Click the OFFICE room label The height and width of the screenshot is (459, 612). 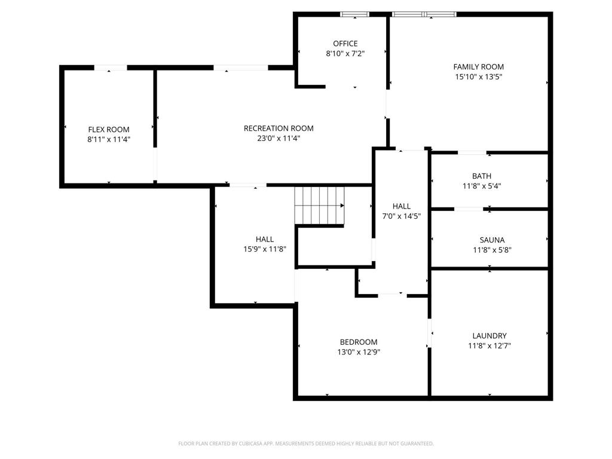coord(345,43)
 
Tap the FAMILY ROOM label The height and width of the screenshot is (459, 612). coord(478,67)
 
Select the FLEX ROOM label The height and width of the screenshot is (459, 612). coord(109,130)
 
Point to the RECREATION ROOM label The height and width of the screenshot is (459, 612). coord(279,128)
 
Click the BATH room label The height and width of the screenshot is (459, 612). coord(482,176)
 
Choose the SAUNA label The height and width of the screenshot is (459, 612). coord(492,240)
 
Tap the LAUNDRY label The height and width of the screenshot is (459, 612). coord(489,336)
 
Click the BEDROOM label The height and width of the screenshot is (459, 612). coord(359,342)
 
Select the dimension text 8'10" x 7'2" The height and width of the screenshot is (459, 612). coord(345,53)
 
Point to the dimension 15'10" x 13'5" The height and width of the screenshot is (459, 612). coord(478,77)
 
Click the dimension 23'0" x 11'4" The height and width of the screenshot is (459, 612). coord(279,139)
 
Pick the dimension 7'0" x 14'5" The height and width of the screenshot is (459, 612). coord(401,216)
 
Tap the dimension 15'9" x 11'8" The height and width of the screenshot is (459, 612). coord(265,249)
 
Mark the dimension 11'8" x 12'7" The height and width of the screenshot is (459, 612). coord(489,346)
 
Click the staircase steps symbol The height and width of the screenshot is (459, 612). coord(320,206)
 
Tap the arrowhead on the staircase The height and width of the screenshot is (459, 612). coord(342,206)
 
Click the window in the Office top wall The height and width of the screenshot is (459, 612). coord(354,15)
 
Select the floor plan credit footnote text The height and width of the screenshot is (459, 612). coord(305,443)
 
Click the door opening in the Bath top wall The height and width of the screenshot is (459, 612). coord(472,152)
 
